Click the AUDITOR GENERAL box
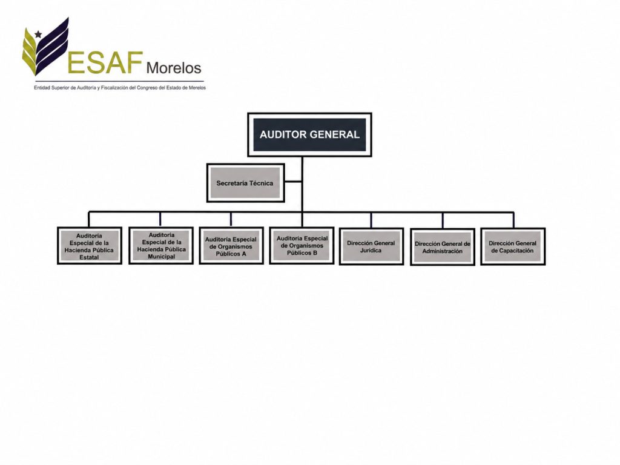(x=309, y=134)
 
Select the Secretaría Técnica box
(x=246, y=183)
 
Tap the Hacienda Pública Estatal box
(x=90, y=246)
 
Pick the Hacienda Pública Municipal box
(x=161, y=245)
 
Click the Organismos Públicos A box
(x=231, y=246)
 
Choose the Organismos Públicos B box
(x=302, y=245)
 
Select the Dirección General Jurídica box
(x=371, y=246)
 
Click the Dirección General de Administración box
(x=443, y=247)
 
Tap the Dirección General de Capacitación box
(x=513, y=246)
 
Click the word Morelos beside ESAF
(x=174, y=68)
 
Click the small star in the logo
(x=38, y=35)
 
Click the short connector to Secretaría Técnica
(x=293, y=182)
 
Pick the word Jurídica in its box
(x=371, y=250)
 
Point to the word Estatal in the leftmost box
(x=89, y=257)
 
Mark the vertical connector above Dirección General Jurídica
(x=371, y=220)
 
